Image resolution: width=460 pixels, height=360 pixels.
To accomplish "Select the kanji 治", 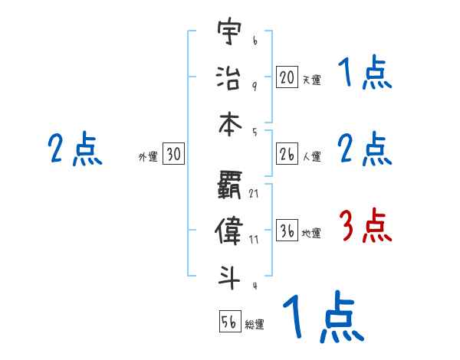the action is point(228,77).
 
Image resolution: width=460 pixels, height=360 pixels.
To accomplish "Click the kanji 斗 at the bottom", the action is point(228,275).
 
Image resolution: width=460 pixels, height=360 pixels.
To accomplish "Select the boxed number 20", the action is point(287,77).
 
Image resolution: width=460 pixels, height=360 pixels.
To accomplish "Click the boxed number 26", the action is point(287,155).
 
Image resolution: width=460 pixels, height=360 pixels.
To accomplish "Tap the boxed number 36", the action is point(287,231).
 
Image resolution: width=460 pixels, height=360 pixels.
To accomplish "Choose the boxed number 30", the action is point(173,155).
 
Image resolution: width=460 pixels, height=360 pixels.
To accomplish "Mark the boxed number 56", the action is point(229,322).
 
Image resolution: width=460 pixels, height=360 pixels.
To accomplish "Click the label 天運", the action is point(311,79).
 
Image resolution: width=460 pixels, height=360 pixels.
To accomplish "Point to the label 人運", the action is point(311,157).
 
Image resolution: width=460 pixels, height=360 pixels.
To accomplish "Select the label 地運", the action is point(311,234).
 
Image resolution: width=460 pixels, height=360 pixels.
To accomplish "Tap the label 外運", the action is point(148,157).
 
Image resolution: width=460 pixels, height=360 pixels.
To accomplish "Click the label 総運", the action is point(255,324).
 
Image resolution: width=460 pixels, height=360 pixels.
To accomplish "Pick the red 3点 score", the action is point(365,227).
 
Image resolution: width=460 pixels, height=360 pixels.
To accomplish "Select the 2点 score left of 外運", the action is point(74,149).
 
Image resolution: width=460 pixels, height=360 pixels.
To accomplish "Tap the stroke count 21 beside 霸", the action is point(254,192).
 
